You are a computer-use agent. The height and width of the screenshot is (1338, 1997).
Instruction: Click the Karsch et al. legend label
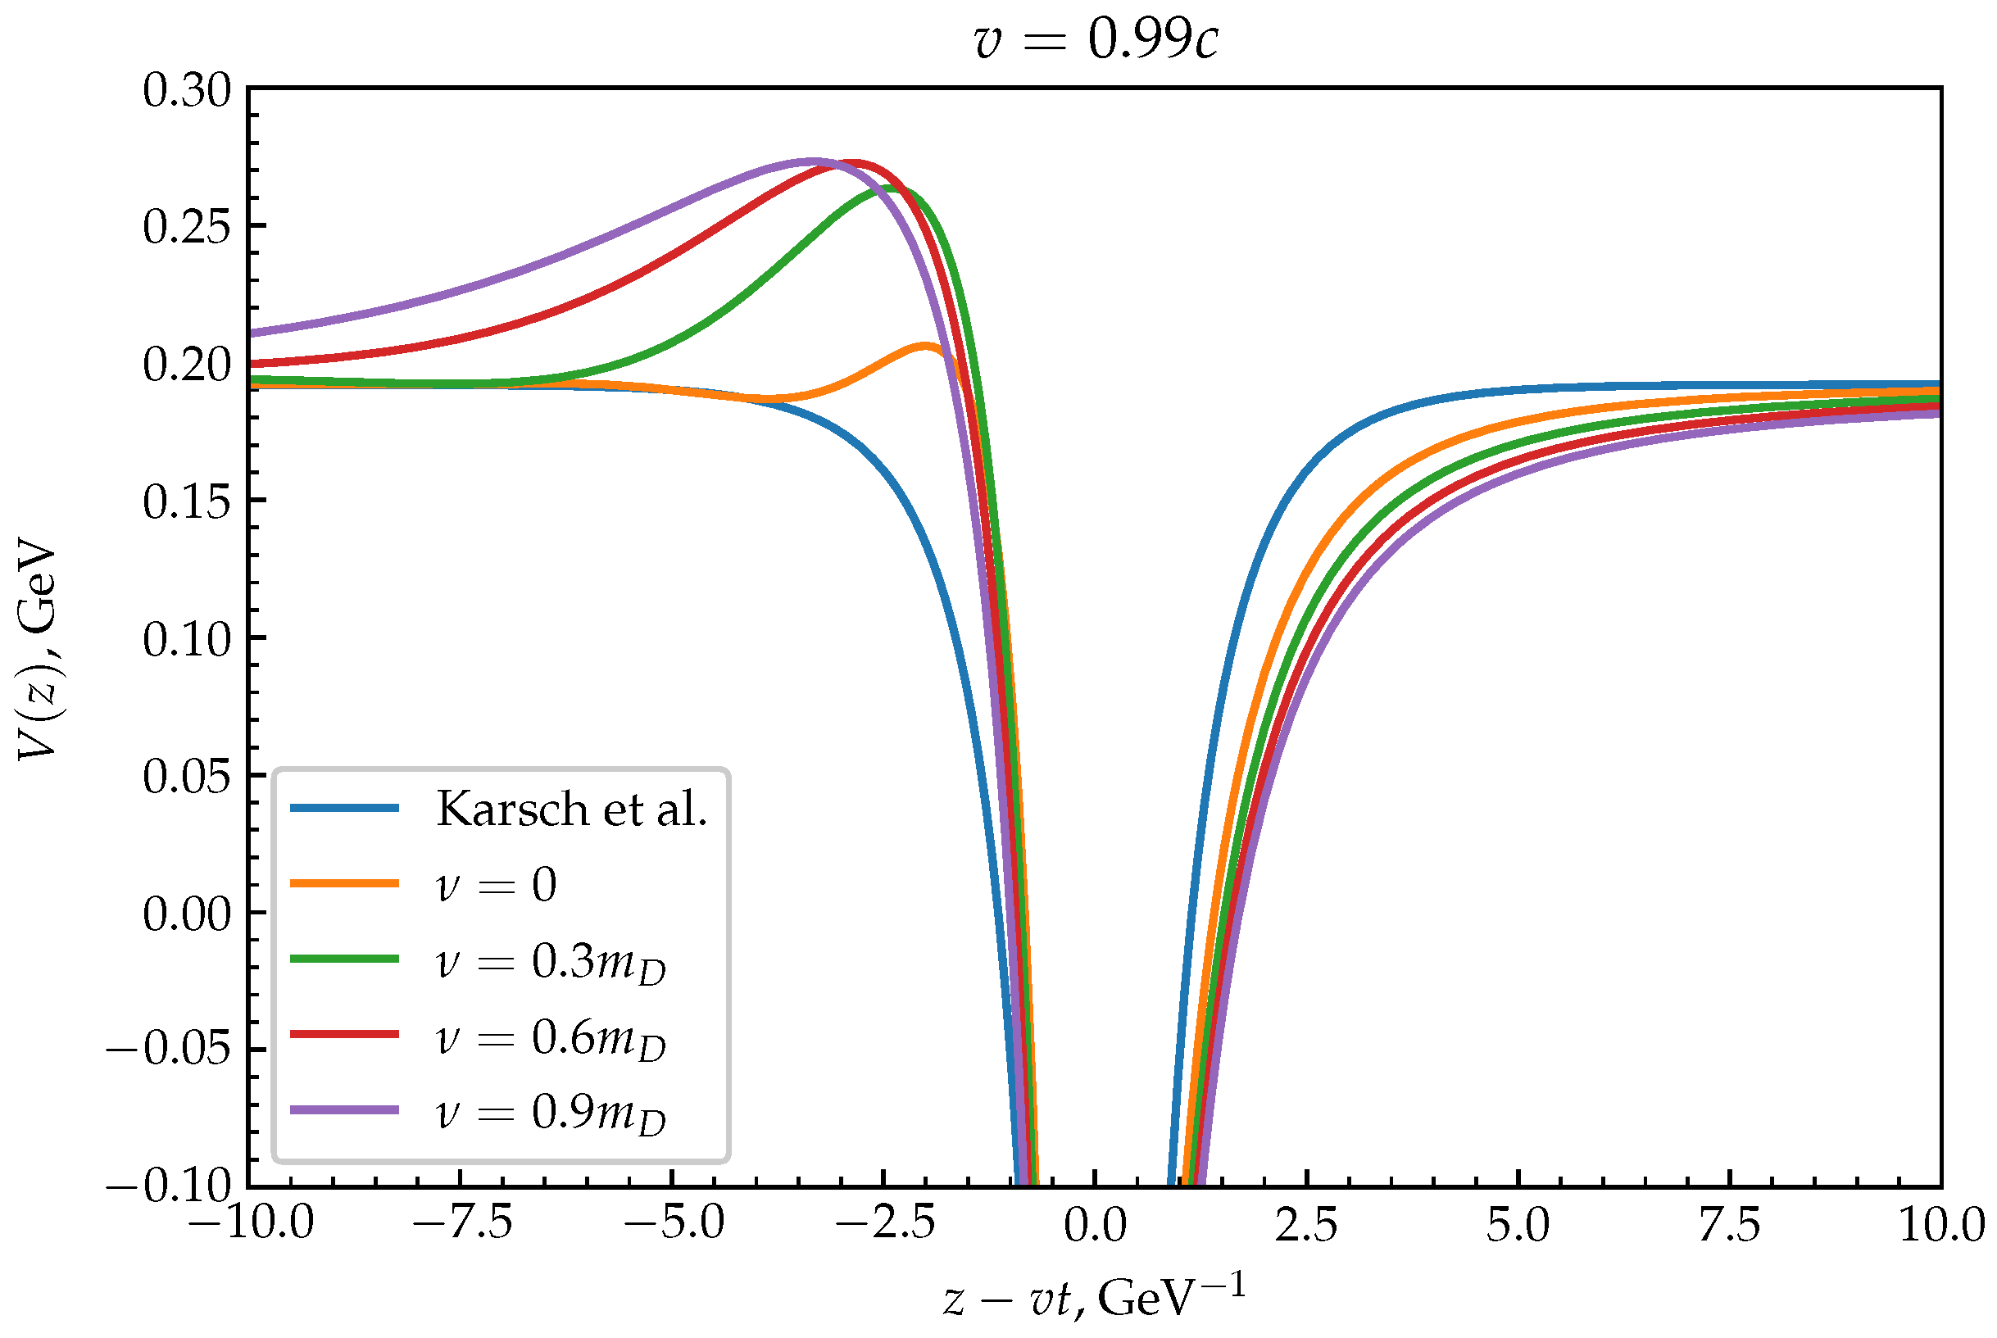[x=571, y=809]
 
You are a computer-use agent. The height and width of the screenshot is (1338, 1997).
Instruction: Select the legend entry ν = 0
[x=496, y=884]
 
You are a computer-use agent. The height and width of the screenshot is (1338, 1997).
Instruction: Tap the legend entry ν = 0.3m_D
[x=550, y=962]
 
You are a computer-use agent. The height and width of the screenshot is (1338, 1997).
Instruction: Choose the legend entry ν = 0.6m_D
[x=550, y=1037]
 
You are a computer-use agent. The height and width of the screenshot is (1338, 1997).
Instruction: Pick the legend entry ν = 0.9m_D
[x=550, y=1112]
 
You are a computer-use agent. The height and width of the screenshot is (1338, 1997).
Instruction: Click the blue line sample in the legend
[x=345, y=808]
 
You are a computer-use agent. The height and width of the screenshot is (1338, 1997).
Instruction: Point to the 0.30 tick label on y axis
[x=187, y=89]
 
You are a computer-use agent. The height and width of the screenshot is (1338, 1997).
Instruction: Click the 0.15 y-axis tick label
[x=187, y=501]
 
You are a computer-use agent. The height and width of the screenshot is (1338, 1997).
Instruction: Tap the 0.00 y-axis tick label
[x=187, y=914]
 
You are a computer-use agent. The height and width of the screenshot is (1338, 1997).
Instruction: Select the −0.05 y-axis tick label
[x=168, y=1049]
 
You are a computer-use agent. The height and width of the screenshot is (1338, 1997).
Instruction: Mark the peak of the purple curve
[x=812, y=161]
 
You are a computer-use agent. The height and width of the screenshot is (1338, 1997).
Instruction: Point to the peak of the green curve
[x=889, y=188]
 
